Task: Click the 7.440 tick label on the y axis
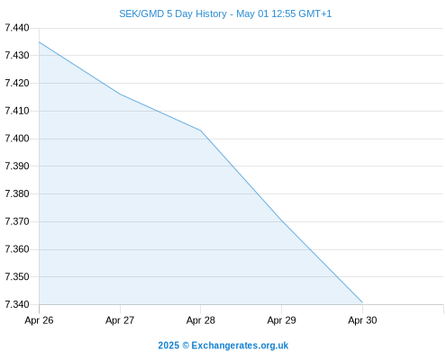click(17, 28)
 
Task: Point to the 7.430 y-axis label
click(17, 55)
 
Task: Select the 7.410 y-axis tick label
click(17, 111)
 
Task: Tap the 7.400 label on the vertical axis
click(17, 139)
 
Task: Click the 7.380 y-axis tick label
click(17, 193)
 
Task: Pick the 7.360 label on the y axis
click(17, 249)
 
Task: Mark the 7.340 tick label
click(17, 304)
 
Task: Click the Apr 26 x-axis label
click(39, 320)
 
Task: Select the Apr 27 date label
click(120, 320)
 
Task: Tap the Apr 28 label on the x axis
click(201, 320)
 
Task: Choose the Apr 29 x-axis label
click(281, 320)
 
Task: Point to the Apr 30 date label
click(362, 320)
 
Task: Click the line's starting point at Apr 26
click(40, 42)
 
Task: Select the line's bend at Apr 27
click(120, 94)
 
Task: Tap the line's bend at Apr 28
click(201, 130)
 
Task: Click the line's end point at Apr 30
click(362, 302)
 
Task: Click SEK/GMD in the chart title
click(141, 13)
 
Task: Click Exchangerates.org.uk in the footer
click(240, 346)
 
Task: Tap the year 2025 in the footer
click(168, 346)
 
